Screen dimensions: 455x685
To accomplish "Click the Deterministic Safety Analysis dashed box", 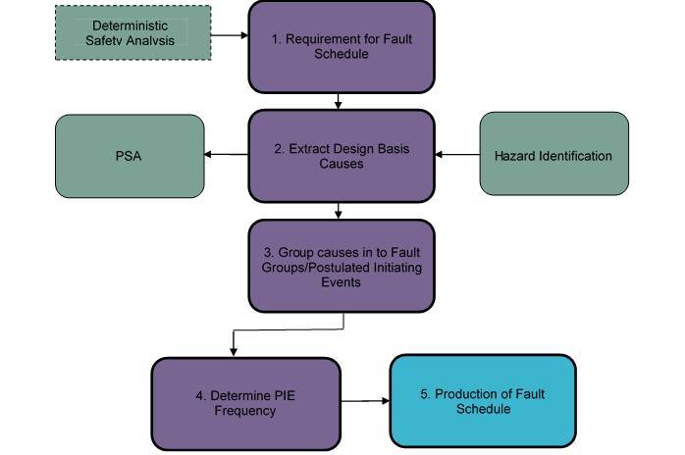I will (x=132, y=33).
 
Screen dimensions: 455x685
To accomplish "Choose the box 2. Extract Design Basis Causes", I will (x=341, y=156).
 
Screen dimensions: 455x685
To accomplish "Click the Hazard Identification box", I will (x=553, y=156).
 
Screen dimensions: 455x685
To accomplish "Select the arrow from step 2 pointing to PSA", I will (x=225, y=155).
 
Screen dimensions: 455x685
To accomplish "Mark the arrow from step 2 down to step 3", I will (x=339, y=210).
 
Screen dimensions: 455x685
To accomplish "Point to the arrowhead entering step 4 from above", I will (x=233, y=352).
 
